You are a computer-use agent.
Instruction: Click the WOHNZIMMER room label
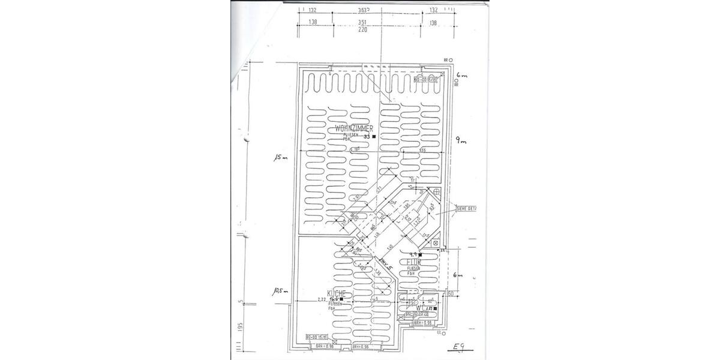tap(355, 129)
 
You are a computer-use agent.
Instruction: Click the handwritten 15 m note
tap(281, 158)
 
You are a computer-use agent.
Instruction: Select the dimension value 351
tap(379, 22)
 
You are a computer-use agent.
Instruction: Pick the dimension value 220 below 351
tap(379, 29)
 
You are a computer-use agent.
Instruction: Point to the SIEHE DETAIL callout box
tap(467, 209)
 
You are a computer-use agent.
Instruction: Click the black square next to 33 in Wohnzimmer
tap(374, 137)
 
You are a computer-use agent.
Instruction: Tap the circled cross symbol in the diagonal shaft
tap(436, 191)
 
